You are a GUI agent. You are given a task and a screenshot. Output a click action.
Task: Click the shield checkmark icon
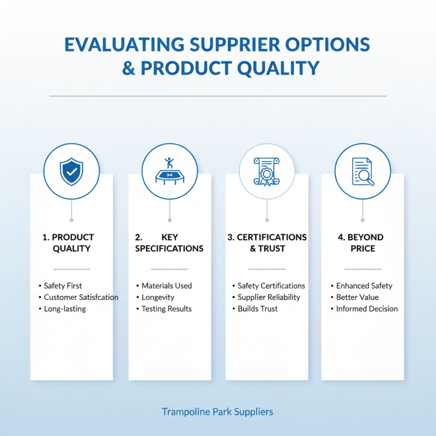point(71,171)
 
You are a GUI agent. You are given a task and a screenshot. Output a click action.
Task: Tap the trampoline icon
point(169,171)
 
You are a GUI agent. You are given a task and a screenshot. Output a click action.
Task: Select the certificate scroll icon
point(267,172)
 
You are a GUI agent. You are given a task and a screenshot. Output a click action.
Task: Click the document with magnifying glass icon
point(363,172)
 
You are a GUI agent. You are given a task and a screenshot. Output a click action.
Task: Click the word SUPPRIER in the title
point(235,45)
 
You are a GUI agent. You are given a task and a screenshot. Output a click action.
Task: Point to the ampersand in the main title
point(129,68)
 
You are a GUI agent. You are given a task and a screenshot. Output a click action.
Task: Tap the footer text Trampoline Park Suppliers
point(217,412)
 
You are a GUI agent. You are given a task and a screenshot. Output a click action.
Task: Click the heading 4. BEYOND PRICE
point(361,243)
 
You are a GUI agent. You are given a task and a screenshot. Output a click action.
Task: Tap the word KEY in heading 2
point(169,237)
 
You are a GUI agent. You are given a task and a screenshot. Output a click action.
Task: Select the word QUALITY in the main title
point(278,68)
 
